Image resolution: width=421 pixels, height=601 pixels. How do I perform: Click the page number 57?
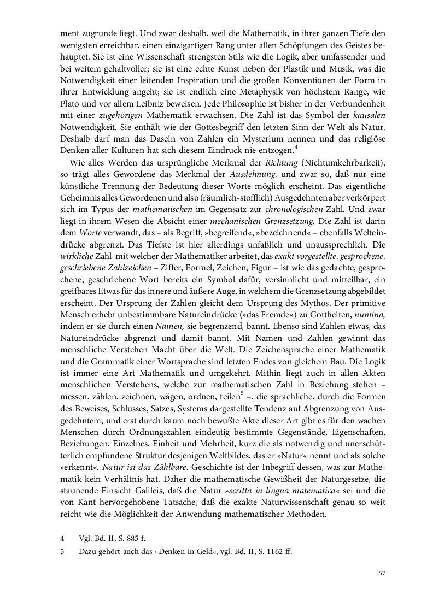382,573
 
